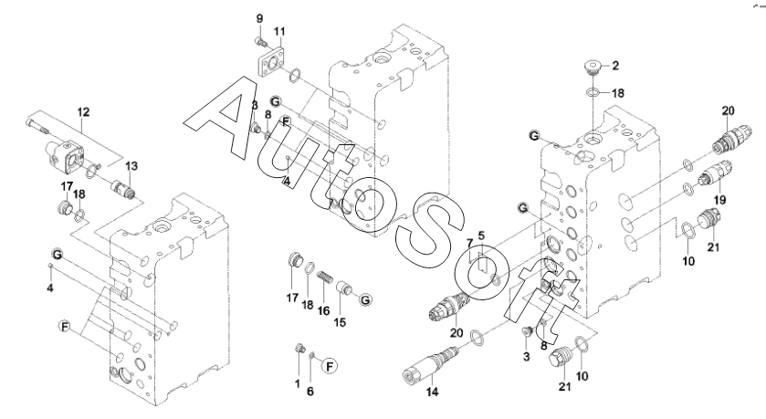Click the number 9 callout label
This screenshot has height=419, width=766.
pyautogui.click(x=260, y=18)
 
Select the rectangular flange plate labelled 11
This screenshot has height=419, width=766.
pyautogui.click(x=271, y=61)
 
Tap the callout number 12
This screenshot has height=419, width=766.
pyautogui.click(x=83, y=112)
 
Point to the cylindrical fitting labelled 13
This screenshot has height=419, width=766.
pyautogui.click(x=121, y=188)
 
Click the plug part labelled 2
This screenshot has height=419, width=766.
pyautogui.click(x=592, y=68)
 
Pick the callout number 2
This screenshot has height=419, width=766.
pyautogui.click(x=615, y=66)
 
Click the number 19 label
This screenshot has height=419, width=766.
pyautogui.click(x=719, y=199)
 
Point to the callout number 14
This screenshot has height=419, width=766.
pyautogui.click(x=433, y=392)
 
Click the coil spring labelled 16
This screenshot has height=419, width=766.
pyautogui.click(x=325, y=279)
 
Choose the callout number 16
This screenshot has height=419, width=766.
pyautogui.click(x=323, y=310)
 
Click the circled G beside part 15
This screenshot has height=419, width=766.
pyautogui.click(x=365, y=299)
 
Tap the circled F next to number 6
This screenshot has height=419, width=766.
pyautogui.click(x=331, y=366)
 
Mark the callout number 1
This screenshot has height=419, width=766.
pyautogui.click(x=297, y=383)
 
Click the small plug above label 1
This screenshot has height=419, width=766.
pyautogui.click(x=301, y=348)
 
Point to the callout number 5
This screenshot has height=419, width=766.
pyautogui.click(x=481, y=236)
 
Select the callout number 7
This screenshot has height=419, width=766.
pyautogui.click(x=469, y=243)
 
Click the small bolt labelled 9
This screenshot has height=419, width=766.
pyautogui.click(x=261, y=42)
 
